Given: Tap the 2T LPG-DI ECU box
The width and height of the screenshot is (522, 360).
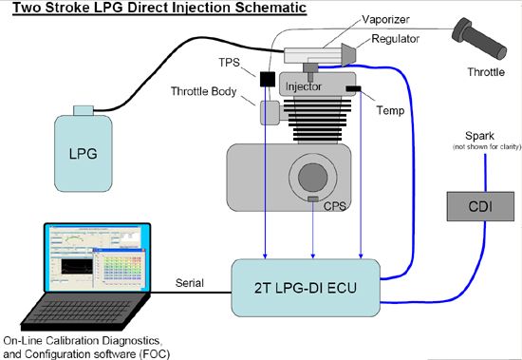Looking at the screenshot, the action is point(306,288).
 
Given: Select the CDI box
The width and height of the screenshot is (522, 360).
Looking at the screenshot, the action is point(480,206).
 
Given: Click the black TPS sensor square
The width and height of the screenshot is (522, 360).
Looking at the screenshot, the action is point(268,80).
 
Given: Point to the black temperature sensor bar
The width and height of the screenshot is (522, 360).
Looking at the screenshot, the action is point(353,88).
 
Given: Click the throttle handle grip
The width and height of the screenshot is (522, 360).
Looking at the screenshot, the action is point(479,38).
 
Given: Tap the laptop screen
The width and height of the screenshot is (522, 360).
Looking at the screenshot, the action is point(97,257).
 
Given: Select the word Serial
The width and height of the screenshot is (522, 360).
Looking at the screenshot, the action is point(190,283).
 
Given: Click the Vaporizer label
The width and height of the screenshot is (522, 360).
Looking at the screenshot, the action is point(385,19).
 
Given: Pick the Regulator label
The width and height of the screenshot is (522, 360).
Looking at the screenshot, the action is point(395,39).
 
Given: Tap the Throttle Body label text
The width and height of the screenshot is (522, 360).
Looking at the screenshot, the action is point(204,91).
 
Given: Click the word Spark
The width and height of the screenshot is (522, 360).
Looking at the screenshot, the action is point(479,136).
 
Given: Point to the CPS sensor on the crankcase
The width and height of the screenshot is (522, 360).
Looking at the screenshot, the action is point(313,199).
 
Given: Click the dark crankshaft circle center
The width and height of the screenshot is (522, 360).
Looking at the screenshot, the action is point(313,178).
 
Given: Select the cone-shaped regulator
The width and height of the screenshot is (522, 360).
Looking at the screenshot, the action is point(349,54).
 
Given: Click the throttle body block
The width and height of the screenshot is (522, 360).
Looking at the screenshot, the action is point(270,113).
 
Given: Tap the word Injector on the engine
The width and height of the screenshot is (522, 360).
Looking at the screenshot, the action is point(304,86).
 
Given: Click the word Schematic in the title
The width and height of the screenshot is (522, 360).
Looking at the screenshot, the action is point(270,8).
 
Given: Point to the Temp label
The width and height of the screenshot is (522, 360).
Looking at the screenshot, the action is point(390,110).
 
